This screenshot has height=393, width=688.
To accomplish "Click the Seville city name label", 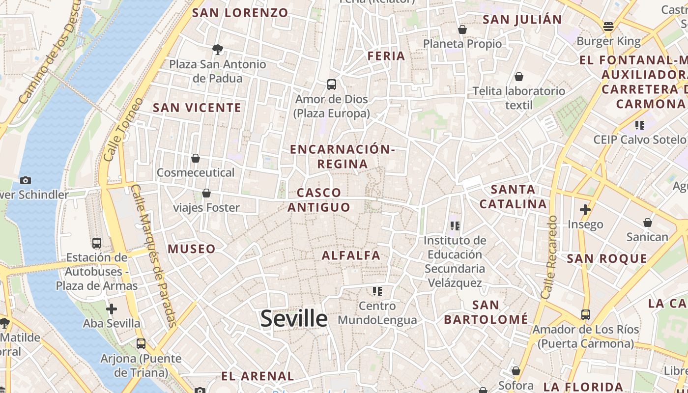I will tap(294, 318).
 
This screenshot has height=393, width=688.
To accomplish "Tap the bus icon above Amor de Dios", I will tap(332, 84).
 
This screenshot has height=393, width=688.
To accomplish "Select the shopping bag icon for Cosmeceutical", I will tap(196, 158).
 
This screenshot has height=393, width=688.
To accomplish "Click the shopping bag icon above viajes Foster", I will tap(206, 193).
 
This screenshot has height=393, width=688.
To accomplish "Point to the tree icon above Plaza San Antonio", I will tap(217, 49).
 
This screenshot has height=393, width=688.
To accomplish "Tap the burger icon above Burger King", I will tap(608, 27).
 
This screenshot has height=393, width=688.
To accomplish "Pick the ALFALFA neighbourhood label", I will tap(351, 255).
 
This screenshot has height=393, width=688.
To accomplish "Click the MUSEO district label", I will tap(192, 249).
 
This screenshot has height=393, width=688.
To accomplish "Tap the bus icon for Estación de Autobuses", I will tap(97, 243).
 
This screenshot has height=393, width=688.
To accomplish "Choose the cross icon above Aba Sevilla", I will tap(112, 309).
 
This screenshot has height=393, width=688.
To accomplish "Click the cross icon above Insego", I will tap(585, 210).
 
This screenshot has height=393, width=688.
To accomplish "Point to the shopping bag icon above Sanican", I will tap(648, 223).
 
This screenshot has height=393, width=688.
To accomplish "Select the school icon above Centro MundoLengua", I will tap(377, 291).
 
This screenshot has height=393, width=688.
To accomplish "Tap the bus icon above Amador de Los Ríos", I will tap(585, 314).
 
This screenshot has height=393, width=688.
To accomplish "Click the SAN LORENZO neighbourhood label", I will tap(241, 13).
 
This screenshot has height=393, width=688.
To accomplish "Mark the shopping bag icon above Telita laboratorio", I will tap(518, 77).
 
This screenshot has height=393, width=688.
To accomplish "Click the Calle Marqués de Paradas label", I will tap(154, 255).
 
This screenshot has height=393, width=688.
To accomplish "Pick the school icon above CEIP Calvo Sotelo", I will tap(639, 125).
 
